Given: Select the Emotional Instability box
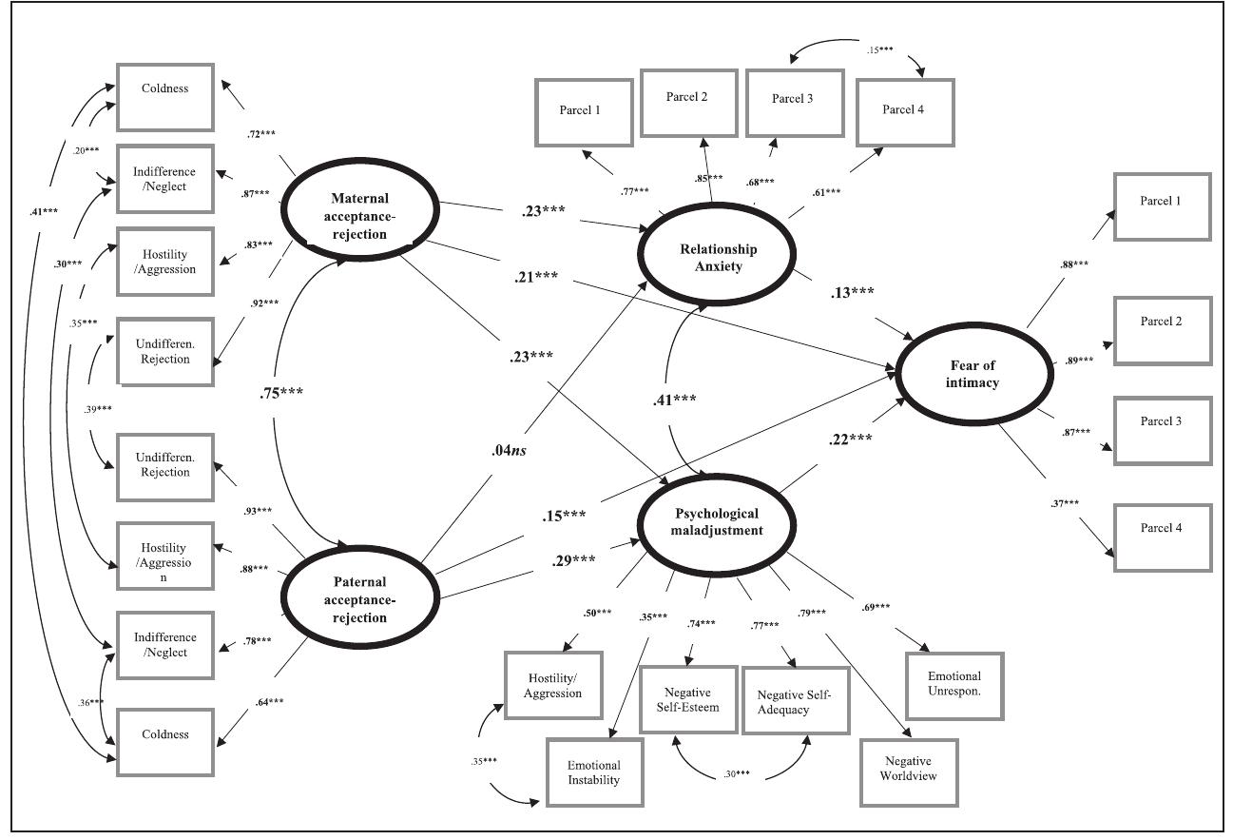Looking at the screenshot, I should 593,772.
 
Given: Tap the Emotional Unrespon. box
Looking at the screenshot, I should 954,683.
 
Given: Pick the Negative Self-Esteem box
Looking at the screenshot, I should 688,698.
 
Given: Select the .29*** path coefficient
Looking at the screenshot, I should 573,559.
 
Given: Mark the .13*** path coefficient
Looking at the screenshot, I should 853,293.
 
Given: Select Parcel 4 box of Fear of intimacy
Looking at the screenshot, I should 1162,537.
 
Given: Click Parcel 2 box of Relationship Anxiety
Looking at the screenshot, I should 688,103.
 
